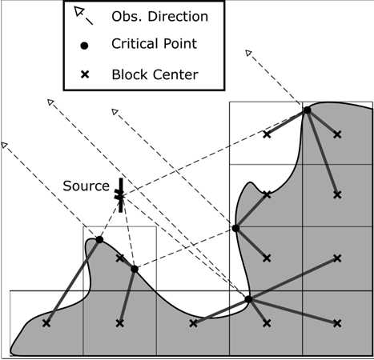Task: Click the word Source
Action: pos(86,186)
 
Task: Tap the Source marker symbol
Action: pos(120,195)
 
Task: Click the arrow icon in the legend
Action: pos(83,16)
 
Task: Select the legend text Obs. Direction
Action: pos(159,17)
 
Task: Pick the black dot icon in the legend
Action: pos(84,46)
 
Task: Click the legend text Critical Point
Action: pos(154,44)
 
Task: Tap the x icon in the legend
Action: pos(85,74)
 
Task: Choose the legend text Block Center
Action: pos(155,74)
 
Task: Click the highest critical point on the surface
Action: pos(308,110)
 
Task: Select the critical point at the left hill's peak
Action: pos(99,239)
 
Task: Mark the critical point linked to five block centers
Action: pos(248,299)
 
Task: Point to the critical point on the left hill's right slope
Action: pos(135,269)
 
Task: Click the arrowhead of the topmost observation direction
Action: pos(248,53)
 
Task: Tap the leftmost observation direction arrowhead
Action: pos(4,145)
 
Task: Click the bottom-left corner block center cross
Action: pos(46,323)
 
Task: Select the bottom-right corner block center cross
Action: pos(337,323)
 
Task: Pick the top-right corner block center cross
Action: pos(337,134)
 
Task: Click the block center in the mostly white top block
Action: pos(267,134)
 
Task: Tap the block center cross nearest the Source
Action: pos(120,258)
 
